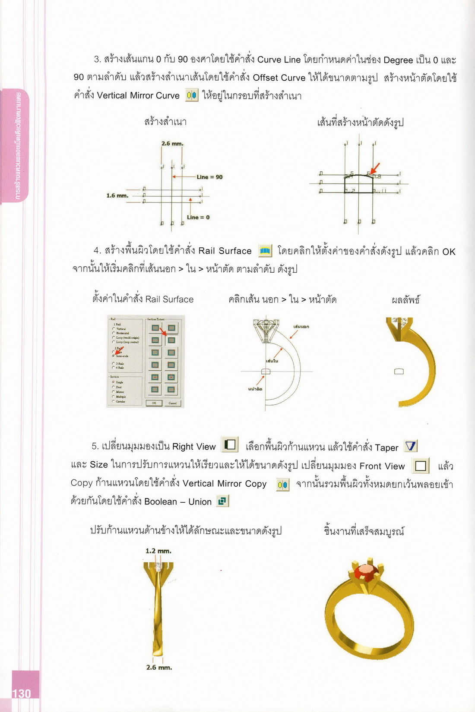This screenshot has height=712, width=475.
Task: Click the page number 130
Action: coord(22,693)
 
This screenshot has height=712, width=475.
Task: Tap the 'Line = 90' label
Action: coord(209,177)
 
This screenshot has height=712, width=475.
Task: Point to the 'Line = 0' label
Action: coord(198,217)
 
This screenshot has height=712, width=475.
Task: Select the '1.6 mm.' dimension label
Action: coord(117,195)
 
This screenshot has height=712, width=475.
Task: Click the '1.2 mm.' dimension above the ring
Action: coord(158,551)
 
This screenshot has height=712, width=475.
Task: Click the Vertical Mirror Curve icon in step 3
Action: coord(191,95)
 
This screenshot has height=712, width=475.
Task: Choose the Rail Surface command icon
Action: coord(265,250)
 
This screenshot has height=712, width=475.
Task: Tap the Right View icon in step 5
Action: coord(230,444)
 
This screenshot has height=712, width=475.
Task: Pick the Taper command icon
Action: coord(411,446)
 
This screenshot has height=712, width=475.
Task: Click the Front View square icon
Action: coord(421,465)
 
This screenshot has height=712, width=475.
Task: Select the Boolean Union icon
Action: coord(222,501)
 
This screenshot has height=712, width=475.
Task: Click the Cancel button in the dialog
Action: coord(172,403)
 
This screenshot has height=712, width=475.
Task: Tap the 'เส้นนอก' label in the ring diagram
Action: coord(301,327)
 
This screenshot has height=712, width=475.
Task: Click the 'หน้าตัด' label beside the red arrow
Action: coord(255,389)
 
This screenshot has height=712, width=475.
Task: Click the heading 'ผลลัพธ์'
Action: coord(405,299)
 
